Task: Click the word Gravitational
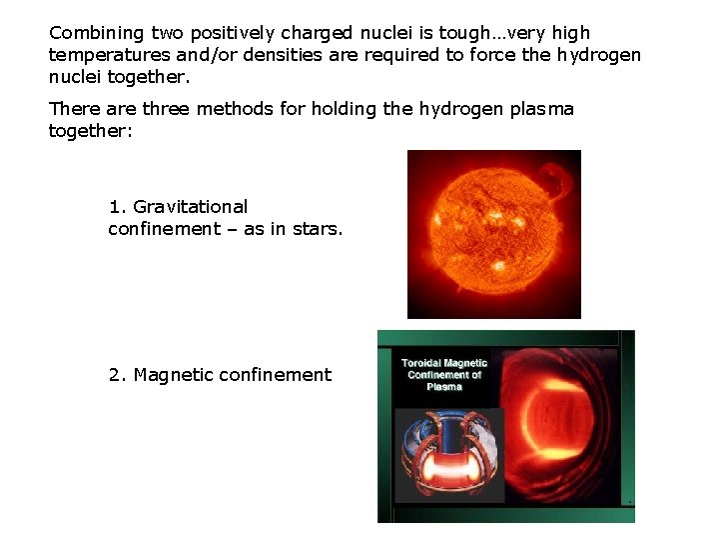[190, 207]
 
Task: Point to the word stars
[319, 229]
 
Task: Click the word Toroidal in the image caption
[422, 363]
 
